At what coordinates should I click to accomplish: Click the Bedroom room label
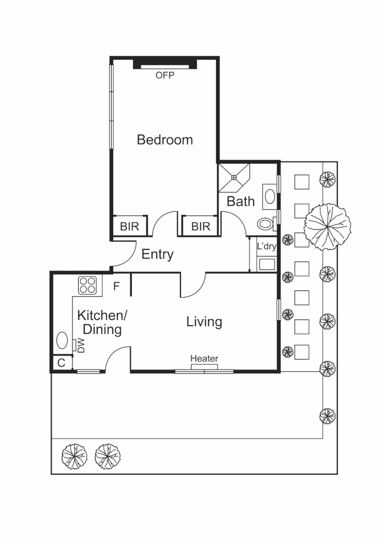tap(164, 140)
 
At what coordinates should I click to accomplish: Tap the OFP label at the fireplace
tap(164, 76)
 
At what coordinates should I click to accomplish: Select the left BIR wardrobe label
tap(129, 226)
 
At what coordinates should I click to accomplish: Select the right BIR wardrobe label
tap(201, 226)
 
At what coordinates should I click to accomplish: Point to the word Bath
tap(241, 201)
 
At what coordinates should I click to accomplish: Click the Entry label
tap(157, 254)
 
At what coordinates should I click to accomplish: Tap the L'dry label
tap(266, 246)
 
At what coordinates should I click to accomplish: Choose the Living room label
tap(204, 322)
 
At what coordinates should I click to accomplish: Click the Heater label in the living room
tap(204, 358)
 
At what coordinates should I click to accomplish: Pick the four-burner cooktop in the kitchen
tap(87, 286)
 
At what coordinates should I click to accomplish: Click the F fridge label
tap(116, 287)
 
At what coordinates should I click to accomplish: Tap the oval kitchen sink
tap(62, 341)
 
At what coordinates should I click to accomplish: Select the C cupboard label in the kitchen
tap(61, 363)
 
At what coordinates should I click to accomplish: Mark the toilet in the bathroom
tap(265, 223)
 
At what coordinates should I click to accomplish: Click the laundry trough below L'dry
tap(266, 263)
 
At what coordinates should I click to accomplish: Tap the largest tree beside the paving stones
tap(327, 226)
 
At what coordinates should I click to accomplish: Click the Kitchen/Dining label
tap(102, 323)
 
